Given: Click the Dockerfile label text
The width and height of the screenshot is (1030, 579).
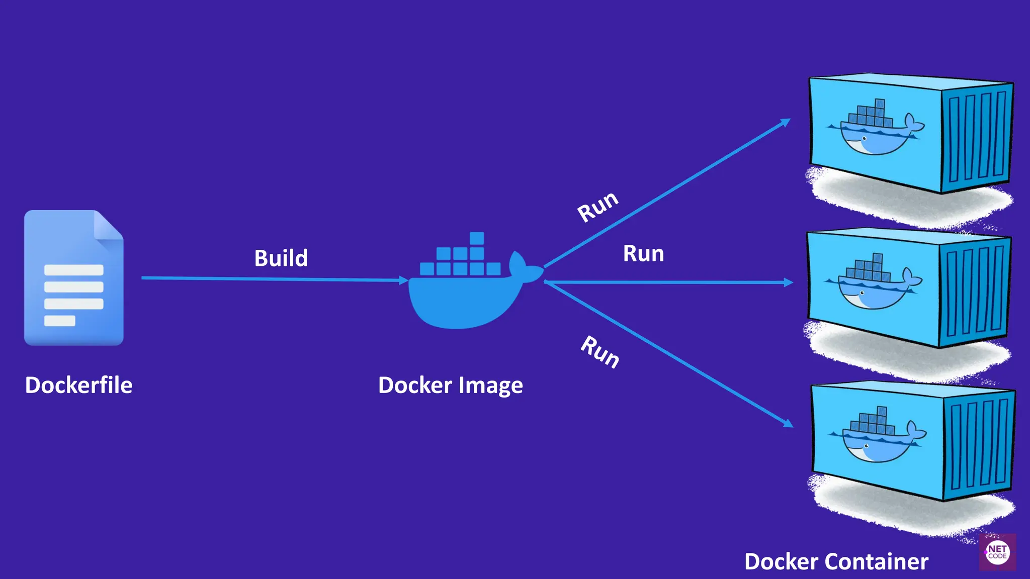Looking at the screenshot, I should pos(78,385).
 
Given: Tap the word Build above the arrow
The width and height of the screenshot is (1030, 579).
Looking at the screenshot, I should pos(281,258).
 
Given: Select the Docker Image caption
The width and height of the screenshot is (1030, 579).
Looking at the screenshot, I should pos(450,385).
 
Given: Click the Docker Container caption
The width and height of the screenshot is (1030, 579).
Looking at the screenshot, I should pos(836,561).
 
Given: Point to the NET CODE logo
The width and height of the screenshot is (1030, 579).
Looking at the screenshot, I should pos(997,552).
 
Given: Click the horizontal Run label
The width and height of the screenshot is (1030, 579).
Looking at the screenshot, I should pos(643,253).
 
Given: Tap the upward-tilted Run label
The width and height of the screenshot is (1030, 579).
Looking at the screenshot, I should pos(597,206).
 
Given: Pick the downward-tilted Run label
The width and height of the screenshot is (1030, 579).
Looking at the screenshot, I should pos(600,352).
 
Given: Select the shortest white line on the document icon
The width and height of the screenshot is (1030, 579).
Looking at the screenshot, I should pos(59,321).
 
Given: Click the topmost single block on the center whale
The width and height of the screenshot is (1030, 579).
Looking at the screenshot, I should pos(476,238).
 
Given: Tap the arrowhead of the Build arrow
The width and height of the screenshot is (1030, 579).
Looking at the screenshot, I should pos(403,280).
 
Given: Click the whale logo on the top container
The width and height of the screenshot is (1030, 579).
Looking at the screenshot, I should pos(875,128).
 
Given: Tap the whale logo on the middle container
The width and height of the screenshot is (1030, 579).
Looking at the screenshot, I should pos(873,282).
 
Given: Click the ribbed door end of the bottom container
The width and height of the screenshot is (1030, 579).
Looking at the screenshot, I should pos(978,445).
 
